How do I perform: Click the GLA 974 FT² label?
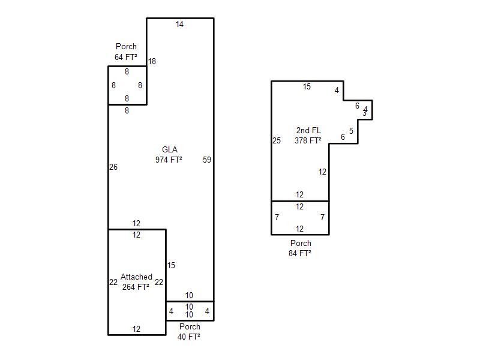coord(169,155)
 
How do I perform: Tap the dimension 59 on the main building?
coord(207,160)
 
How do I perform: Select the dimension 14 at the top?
coord(179,25)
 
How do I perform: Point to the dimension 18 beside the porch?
coord(152,61)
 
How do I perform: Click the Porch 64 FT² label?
coord(126,52)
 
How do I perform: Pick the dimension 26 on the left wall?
coord(113,167)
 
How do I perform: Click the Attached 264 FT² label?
coord(136,281)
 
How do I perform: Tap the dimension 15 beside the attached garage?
coord(171,266)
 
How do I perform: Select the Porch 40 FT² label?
coord(189,332)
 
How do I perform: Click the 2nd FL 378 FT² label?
coord(308,136)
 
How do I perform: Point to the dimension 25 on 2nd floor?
coord(277,141)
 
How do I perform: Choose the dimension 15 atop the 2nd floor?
coord(307,87)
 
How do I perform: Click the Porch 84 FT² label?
coord(300,248)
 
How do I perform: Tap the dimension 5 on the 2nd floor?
coord(351,131)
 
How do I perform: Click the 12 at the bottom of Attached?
coord(136,329)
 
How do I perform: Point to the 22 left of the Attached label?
coord(113,283)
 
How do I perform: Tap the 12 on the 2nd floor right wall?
coord(322,172)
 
